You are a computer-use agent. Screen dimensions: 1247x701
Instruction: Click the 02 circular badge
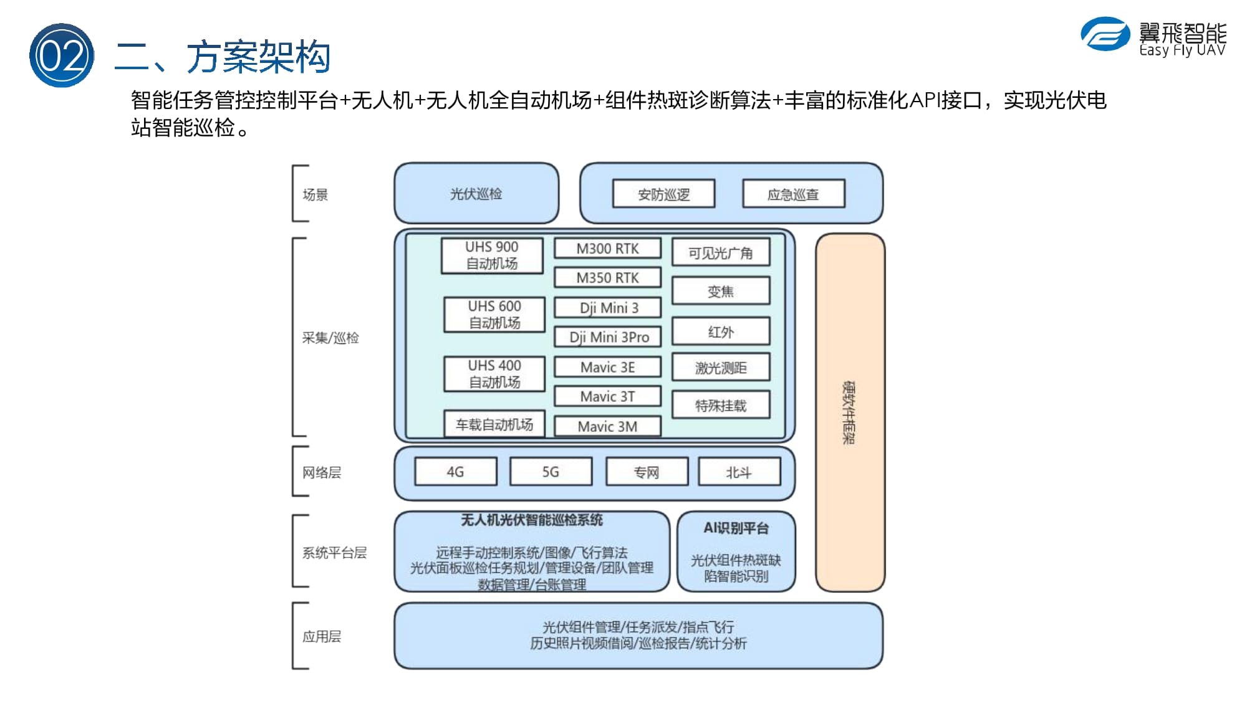point(62,55)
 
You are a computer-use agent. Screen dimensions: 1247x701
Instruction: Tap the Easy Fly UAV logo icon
point(1105,34)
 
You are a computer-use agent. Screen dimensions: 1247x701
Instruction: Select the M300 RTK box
point(607,249)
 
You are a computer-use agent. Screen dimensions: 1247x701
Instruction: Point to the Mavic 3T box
point(607,396)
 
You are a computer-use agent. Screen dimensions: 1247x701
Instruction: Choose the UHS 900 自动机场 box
point(492,255)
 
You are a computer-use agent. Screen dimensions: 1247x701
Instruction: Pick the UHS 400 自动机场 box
point(494,374)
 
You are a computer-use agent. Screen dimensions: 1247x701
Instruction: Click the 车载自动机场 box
point(494,424)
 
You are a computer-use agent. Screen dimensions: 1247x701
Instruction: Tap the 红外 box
point(721,331)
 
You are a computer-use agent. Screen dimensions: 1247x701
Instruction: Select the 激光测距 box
point(721,368)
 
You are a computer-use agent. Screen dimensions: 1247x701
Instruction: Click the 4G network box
point(456,472)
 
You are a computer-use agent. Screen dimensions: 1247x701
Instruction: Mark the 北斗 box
point(739,472)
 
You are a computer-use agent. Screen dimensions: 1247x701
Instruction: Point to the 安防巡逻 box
point(664,194)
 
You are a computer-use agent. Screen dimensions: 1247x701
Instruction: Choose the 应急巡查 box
point(794,194)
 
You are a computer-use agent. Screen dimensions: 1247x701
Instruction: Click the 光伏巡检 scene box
point(476,193)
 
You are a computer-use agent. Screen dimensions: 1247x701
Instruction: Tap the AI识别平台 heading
point(736,528)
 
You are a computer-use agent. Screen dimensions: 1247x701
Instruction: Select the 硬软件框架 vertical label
point(849,412)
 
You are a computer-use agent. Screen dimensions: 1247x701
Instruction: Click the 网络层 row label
point(322,472)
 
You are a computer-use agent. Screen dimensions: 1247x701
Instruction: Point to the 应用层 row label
point(322,636)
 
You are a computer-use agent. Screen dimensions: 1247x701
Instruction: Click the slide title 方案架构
point(258,57)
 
